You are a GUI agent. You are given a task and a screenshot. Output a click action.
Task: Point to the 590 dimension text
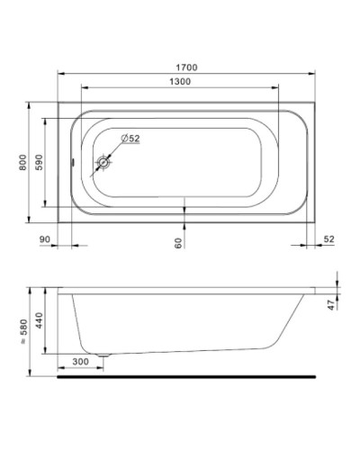pyautogui.click(x=40, y=165)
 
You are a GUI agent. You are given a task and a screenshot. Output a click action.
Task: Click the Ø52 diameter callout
pyautogui.click(x=130, y=139)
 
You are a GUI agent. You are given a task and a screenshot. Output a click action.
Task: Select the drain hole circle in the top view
pyautogui.click(x=105, y=164)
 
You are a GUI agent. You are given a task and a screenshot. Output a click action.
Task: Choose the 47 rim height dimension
pyautogui.click(x=330, y=304)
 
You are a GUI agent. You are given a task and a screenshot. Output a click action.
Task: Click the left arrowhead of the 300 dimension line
pyautogui.click(x=59, y=367)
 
